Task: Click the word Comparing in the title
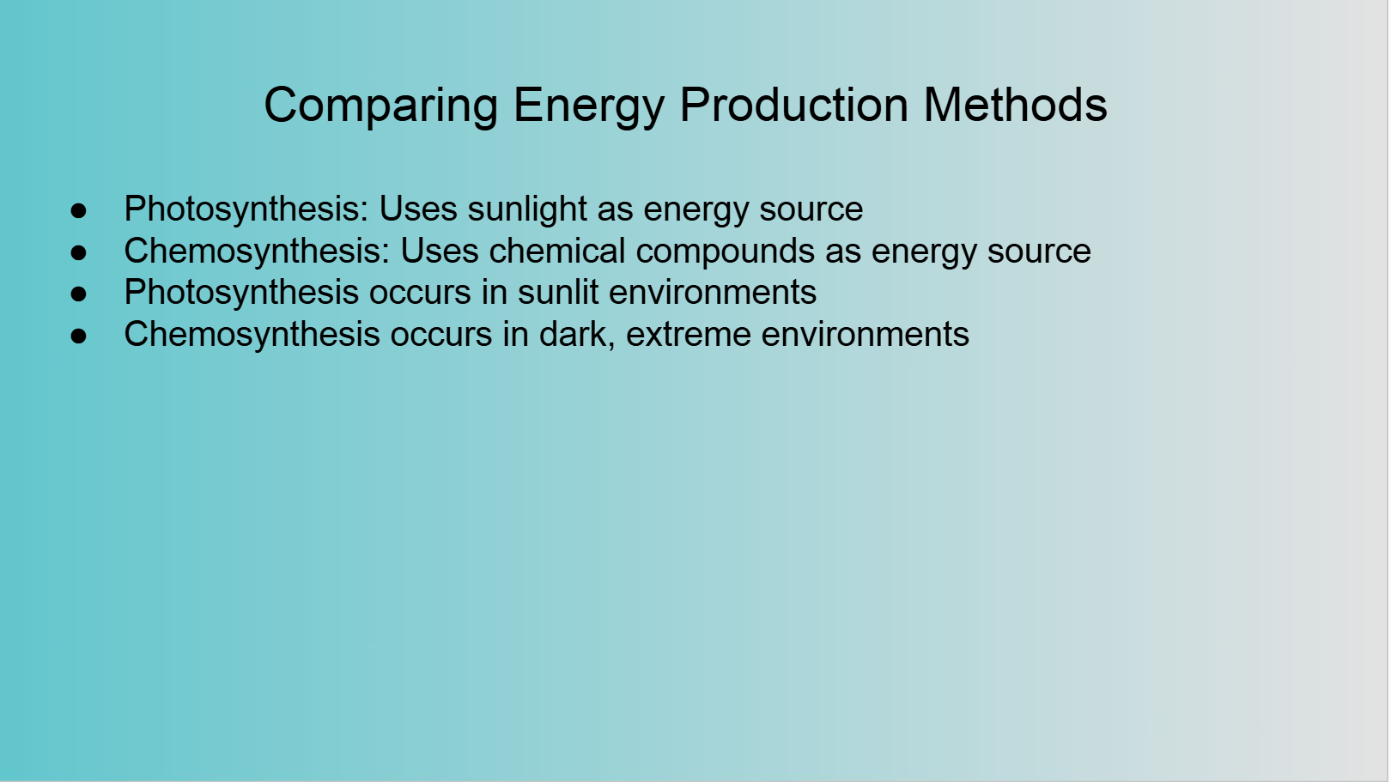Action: point(381,106)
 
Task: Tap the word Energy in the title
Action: point(589,106)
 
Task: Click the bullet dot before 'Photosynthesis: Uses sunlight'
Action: point(79,210)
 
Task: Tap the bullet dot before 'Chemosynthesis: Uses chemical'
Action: point(79,252)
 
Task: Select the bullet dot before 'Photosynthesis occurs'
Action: point(79,294)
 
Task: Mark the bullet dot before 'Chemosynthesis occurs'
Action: point(79,336)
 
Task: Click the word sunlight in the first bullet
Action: point(527,209)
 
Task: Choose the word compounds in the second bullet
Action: point(726,252)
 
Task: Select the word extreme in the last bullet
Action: point(689,335)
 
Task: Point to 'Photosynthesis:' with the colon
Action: point(246,209)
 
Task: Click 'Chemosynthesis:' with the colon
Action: point(257,252)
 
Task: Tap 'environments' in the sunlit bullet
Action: point(713,293)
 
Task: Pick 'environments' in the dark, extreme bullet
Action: point(865,335)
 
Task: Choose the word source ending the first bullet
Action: point(811,210)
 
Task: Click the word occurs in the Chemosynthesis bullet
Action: point(441,335)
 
